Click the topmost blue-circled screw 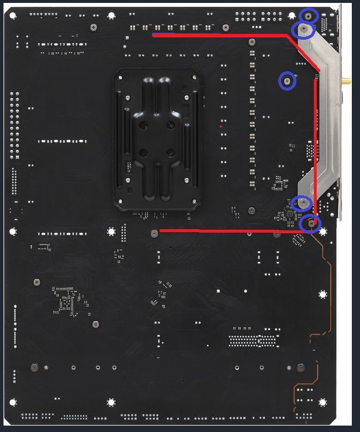click(309, 16)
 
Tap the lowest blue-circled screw click(311, 223)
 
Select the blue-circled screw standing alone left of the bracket click(287, 81)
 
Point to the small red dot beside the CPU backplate click(220, 126)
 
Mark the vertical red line click(316, 146)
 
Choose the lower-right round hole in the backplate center click(170, 153)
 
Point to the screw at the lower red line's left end click(154, 233)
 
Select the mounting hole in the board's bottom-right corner click(322, 402)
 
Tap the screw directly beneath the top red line click(251, 42)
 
